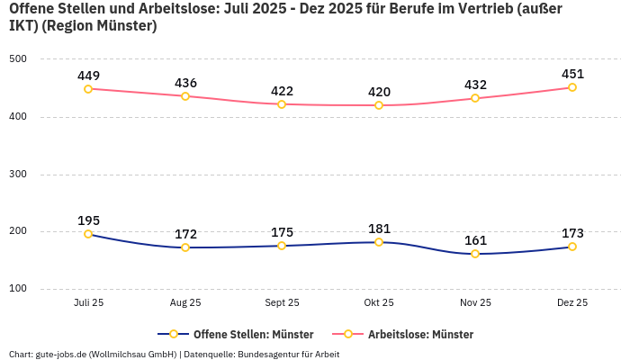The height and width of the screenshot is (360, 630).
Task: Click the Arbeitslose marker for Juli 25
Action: [x=88, y=89]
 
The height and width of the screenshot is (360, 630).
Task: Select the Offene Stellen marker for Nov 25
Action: [x=475, y=254]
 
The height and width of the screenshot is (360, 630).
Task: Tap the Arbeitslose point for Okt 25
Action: [x=379, y=105]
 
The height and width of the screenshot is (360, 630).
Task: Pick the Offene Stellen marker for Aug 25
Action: [x=185, y=247]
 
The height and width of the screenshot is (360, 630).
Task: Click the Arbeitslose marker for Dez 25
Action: [x=572, y=87]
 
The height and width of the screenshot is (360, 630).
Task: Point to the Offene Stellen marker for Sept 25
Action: [x=282, y=246]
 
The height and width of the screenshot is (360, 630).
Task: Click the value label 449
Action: [x=88, y=75]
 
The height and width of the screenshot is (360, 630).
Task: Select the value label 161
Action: [x=475, y=239]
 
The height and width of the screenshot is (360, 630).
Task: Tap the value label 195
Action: [x=88, y=220]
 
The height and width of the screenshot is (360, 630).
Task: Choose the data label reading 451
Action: [x=572, y=73]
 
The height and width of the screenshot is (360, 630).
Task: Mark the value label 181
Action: [x=379, y=228]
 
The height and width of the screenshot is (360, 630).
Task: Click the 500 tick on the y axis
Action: [x=18, y=58]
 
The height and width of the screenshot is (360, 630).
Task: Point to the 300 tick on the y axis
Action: [x=18, y=174]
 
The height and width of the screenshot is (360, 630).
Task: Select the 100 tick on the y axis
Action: [x=18, y=289]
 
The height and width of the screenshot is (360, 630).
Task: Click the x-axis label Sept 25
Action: [x=282, y=303]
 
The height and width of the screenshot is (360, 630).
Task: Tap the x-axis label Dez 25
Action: [x=572, y=303]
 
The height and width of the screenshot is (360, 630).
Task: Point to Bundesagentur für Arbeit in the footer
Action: [x=289, y=354]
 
